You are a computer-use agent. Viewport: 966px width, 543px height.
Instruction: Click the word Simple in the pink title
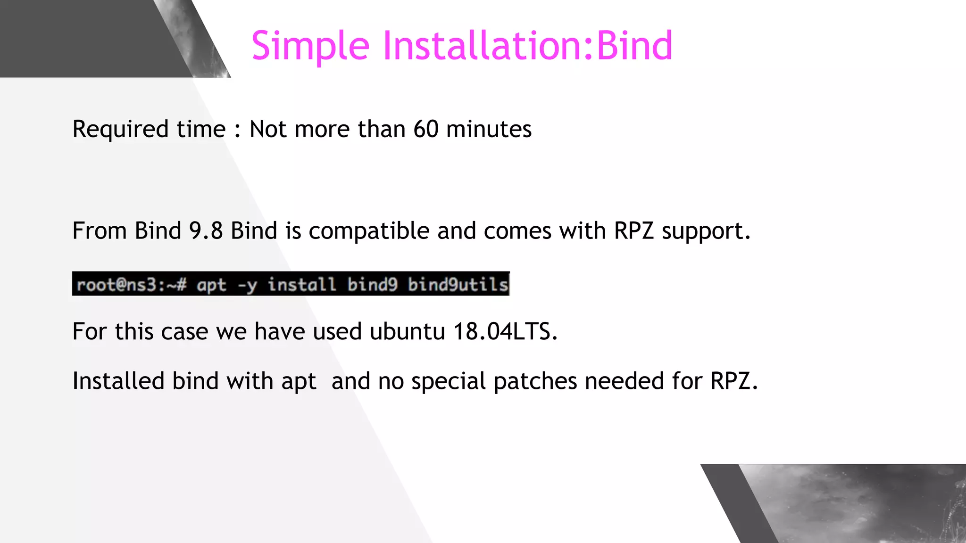[310, 46]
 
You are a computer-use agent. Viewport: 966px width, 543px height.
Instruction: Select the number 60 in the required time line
[425, 129]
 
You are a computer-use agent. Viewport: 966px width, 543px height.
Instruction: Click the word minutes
[489, 129]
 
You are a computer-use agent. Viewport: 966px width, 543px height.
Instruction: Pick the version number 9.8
[206, 231]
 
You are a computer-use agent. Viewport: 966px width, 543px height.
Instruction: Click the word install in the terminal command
[302, 285]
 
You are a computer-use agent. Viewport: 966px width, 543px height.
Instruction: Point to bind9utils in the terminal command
[458, 285]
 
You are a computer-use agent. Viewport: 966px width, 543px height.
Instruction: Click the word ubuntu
[407, 331]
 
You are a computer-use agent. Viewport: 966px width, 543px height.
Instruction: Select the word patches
[535, 381]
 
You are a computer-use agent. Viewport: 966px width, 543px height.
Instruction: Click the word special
[448, 381]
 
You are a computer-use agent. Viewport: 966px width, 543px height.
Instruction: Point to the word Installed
[118, 381]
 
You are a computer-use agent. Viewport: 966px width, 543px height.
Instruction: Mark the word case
[184, 332]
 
